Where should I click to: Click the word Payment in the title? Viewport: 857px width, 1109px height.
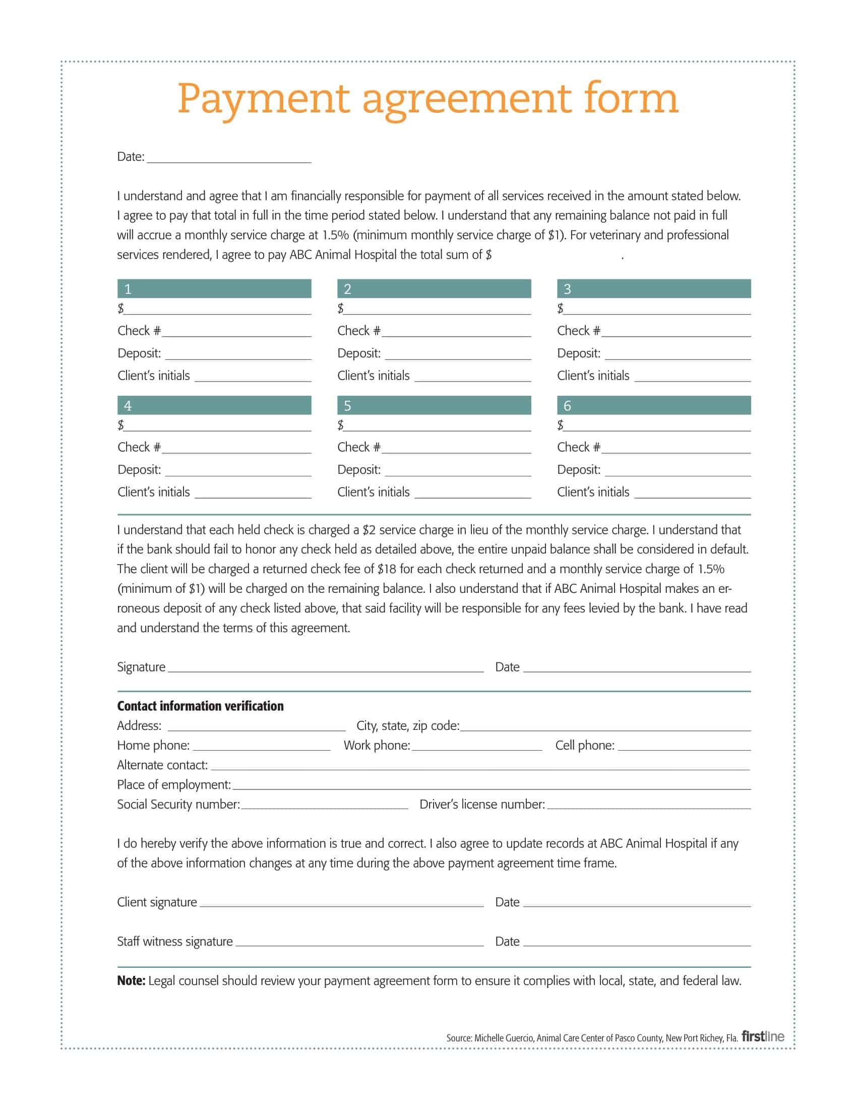coord(264,99)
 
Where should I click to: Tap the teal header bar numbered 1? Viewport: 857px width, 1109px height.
coord(214,288)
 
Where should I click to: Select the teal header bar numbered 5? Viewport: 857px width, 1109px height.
coord(434,405)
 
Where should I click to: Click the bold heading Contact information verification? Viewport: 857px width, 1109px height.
coord(200,706)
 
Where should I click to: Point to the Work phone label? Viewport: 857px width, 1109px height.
coord(376,746)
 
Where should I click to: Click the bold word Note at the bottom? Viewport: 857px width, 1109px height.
coord(131,981)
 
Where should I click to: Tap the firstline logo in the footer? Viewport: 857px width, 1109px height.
coord(763,1037)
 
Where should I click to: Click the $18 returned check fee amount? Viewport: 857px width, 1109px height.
coord(386,569)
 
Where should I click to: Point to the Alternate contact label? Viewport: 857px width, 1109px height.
coord(162,765)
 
